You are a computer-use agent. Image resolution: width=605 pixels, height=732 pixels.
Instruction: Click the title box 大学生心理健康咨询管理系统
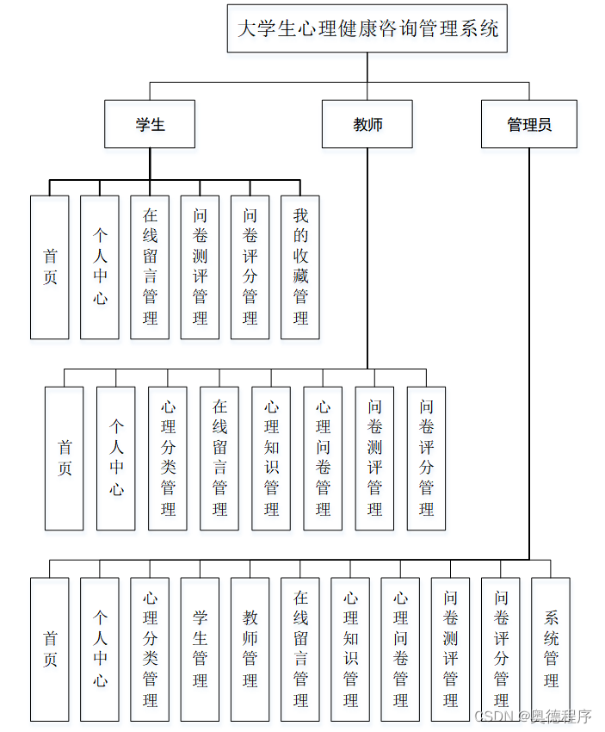click(367, 28)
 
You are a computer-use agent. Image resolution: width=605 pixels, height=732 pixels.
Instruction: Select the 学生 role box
click(150, 124)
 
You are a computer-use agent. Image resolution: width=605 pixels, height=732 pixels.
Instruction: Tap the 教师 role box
click(367, 124)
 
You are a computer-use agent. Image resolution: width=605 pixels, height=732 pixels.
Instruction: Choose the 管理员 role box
click(528, 124)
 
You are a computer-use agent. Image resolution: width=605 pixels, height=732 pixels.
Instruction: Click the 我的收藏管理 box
click(300, 267)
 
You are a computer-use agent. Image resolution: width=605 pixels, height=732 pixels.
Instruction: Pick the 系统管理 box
click(551, 648)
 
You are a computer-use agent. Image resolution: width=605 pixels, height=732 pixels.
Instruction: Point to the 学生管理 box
click(200, 648)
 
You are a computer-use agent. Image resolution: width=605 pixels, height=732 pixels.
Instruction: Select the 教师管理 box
click(250, 648)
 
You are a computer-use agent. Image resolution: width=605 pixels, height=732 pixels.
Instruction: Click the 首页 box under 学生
click(50, 267)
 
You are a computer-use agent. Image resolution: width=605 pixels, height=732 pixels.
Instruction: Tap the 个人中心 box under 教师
click(116, 458)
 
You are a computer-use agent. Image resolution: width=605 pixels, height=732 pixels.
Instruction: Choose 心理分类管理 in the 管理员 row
click(150, 648)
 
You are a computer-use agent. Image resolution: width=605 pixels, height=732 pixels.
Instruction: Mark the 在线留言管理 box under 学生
click(150, 267)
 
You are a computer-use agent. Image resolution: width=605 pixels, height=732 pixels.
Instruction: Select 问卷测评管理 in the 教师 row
click(374, 458)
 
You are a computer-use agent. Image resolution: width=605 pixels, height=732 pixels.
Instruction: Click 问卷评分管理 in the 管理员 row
click(501, 648)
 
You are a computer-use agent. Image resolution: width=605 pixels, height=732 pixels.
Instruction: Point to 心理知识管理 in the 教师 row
click(271, 458)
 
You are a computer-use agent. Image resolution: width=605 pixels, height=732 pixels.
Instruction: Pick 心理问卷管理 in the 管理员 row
click(400, 648)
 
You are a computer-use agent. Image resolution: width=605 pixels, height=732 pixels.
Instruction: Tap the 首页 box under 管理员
click(50, 648)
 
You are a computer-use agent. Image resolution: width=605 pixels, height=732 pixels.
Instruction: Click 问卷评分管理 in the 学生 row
click(250, 267)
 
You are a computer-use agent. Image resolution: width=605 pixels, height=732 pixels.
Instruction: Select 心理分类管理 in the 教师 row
click(168, 458)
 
